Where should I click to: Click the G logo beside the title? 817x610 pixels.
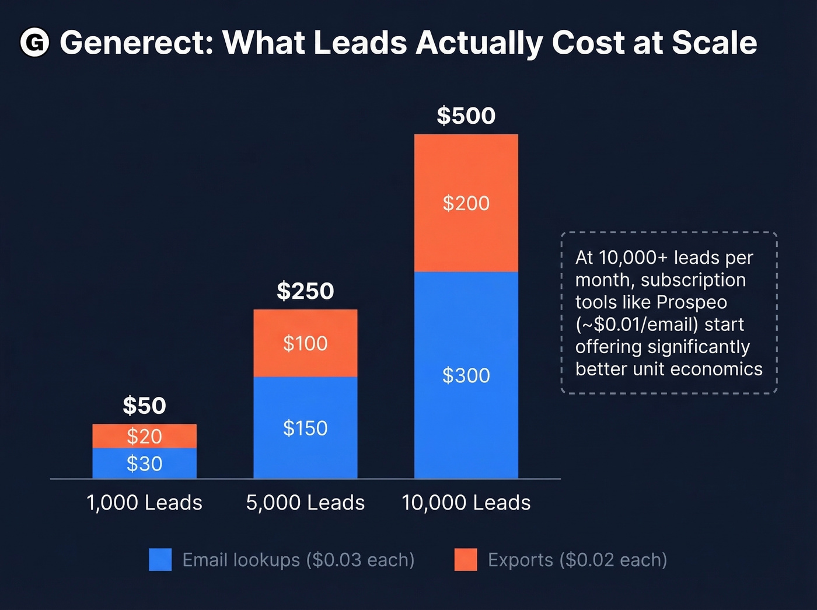34,43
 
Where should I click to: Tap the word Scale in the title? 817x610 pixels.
714,43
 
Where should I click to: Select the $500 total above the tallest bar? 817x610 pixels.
466,116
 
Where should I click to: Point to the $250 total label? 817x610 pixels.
305,291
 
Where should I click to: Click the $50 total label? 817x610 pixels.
144,406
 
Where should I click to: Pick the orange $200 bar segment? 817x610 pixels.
466,203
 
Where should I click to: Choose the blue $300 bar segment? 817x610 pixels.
466,375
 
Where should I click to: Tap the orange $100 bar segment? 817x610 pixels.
305,343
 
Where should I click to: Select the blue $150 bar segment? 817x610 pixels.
305,428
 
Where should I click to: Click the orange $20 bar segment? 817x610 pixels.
144,436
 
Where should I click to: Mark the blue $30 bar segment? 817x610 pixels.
144,463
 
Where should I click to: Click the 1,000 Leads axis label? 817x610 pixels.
144,503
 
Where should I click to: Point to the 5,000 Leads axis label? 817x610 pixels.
305,503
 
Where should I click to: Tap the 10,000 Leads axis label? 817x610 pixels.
466,503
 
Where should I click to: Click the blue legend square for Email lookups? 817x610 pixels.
160,559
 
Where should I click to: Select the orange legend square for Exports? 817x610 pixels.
465,559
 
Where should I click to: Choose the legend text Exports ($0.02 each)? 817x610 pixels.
577,560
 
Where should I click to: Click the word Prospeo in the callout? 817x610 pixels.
692,302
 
